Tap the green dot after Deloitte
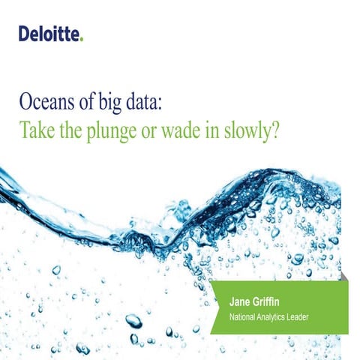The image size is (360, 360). coord(82,37)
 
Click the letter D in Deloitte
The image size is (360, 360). coord(25,33)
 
